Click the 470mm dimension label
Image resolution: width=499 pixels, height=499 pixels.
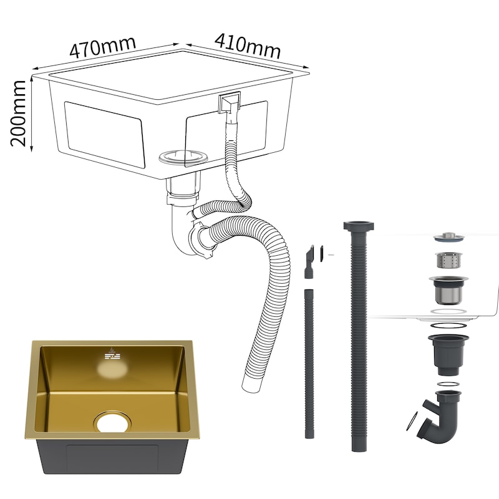102,47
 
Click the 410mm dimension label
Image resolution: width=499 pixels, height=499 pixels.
248,46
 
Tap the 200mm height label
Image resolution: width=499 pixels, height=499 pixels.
18,114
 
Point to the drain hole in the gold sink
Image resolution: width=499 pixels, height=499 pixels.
112,422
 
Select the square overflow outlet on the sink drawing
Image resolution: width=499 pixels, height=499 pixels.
229,102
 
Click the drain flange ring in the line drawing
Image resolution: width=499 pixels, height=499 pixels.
183,157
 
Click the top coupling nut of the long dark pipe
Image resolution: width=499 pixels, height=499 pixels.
359,226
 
